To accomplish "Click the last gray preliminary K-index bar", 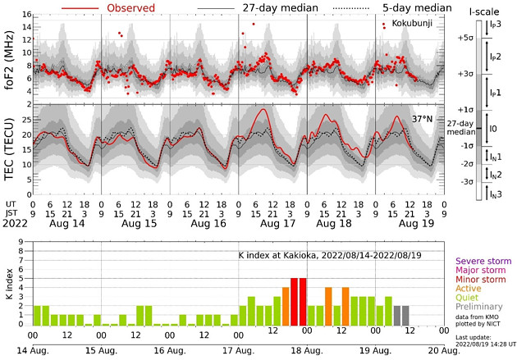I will (405, 315).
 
